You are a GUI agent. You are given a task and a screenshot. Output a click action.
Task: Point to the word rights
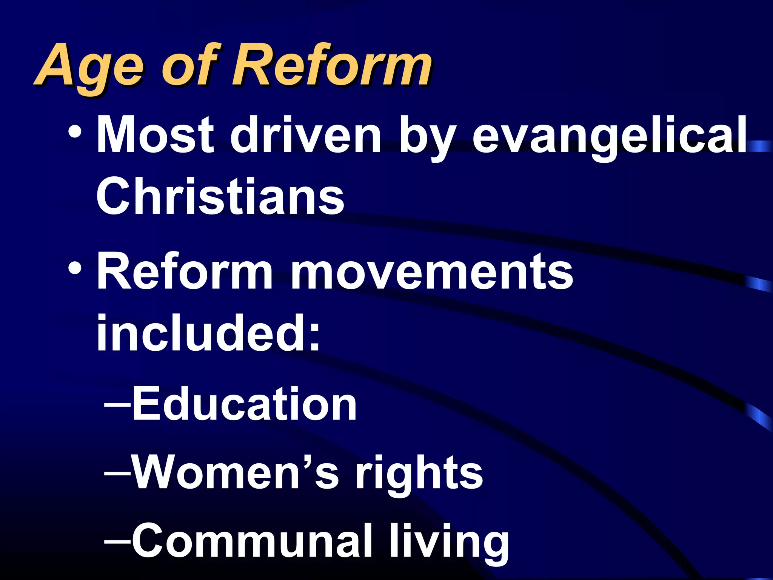click(x=419, y=474)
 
